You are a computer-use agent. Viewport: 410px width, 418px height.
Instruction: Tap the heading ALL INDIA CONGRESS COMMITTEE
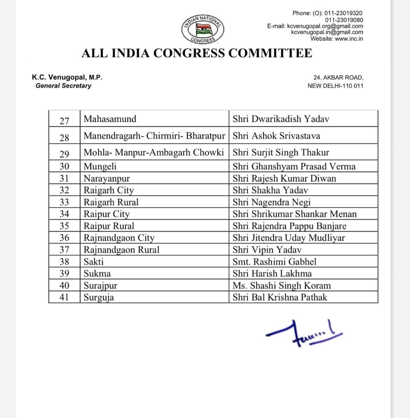pos(197,53)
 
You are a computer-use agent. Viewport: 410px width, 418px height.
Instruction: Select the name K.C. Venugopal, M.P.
pos(67,77)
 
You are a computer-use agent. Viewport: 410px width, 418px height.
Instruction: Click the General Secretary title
pos(63,86)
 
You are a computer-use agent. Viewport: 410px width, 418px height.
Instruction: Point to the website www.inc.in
pos(337,38)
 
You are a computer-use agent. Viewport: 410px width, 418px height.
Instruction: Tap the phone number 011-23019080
pos(344,20)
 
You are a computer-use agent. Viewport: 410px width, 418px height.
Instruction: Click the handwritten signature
pos(304,333)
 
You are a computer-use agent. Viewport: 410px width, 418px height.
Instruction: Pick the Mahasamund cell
pos(110,119)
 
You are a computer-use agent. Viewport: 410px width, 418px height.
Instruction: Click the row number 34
pos(64,215)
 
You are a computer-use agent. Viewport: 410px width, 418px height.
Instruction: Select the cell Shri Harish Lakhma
pos(272,274)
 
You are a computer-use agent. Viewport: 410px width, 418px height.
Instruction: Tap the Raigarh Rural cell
pos(111,202)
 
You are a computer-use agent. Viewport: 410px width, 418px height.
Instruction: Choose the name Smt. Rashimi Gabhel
pos(274,262)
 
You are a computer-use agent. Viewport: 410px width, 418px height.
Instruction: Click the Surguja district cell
pos(99,298)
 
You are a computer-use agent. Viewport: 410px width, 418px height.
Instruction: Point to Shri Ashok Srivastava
pos(276,136)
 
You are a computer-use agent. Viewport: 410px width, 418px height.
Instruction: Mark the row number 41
pos(64,298)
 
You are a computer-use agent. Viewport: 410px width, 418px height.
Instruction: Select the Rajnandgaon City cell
pos(119,238)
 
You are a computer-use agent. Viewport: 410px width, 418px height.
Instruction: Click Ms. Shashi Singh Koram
pos(282,286)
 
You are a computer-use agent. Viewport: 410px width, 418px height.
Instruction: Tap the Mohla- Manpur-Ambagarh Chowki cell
pos(154,153)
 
